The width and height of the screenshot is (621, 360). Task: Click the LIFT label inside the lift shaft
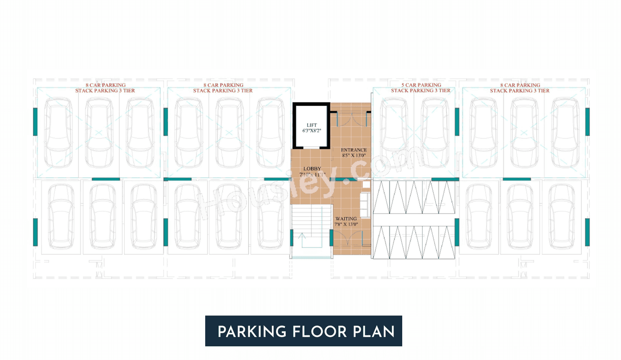[x=311, y=125]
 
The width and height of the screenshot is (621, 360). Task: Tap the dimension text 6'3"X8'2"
[x=311, y=131]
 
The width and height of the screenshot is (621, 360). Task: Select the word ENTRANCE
[x=354, y=150]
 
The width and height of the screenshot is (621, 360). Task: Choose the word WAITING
[x=346, y=219]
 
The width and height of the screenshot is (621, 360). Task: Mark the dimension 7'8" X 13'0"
[x=346, y=225]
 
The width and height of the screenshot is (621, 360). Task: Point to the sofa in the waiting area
[x=365, y=199]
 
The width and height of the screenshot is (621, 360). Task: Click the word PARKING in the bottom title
[x=252, y=332]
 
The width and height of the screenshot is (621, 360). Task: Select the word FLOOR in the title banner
[x=319, y=332]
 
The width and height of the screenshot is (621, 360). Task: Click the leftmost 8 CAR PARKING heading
[x=105, y=85]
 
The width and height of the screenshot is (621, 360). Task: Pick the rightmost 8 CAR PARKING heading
[x=520, y=85]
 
